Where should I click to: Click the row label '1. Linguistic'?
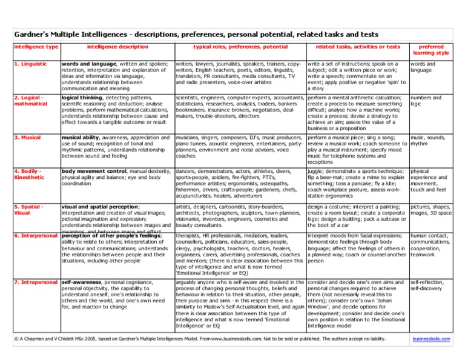tap(31, 64)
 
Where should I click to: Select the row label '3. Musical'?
tap(28, 138)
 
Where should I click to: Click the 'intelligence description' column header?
tap(117, 47)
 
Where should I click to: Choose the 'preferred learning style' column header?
tap(430, 50)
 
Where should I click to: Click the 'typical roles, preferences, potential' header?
tap(240, 47)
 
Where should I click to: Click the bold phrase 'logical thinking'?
tap(85, 98)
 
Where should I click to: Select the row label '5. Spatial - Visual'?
tap(28, 210)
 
